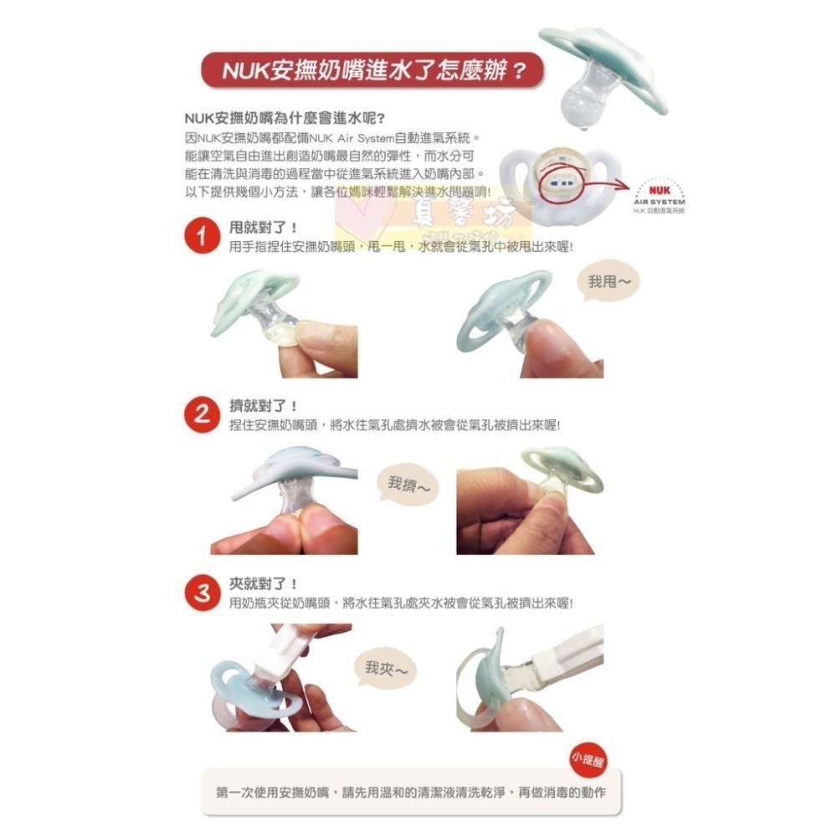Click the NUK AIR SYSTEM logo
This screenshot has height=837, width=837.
point(660,195)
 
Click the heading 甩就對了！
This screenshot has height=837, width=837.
point(264,228)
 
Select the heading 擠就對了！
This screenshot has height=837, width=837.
point(264,406)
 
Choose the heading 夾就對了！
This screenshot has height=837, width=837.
point(264,583)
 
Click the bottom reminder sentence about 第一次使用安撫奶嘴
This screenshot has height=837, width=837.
point(410,791)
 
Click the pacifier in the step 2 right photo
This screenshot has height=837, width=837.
point(557,477)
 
